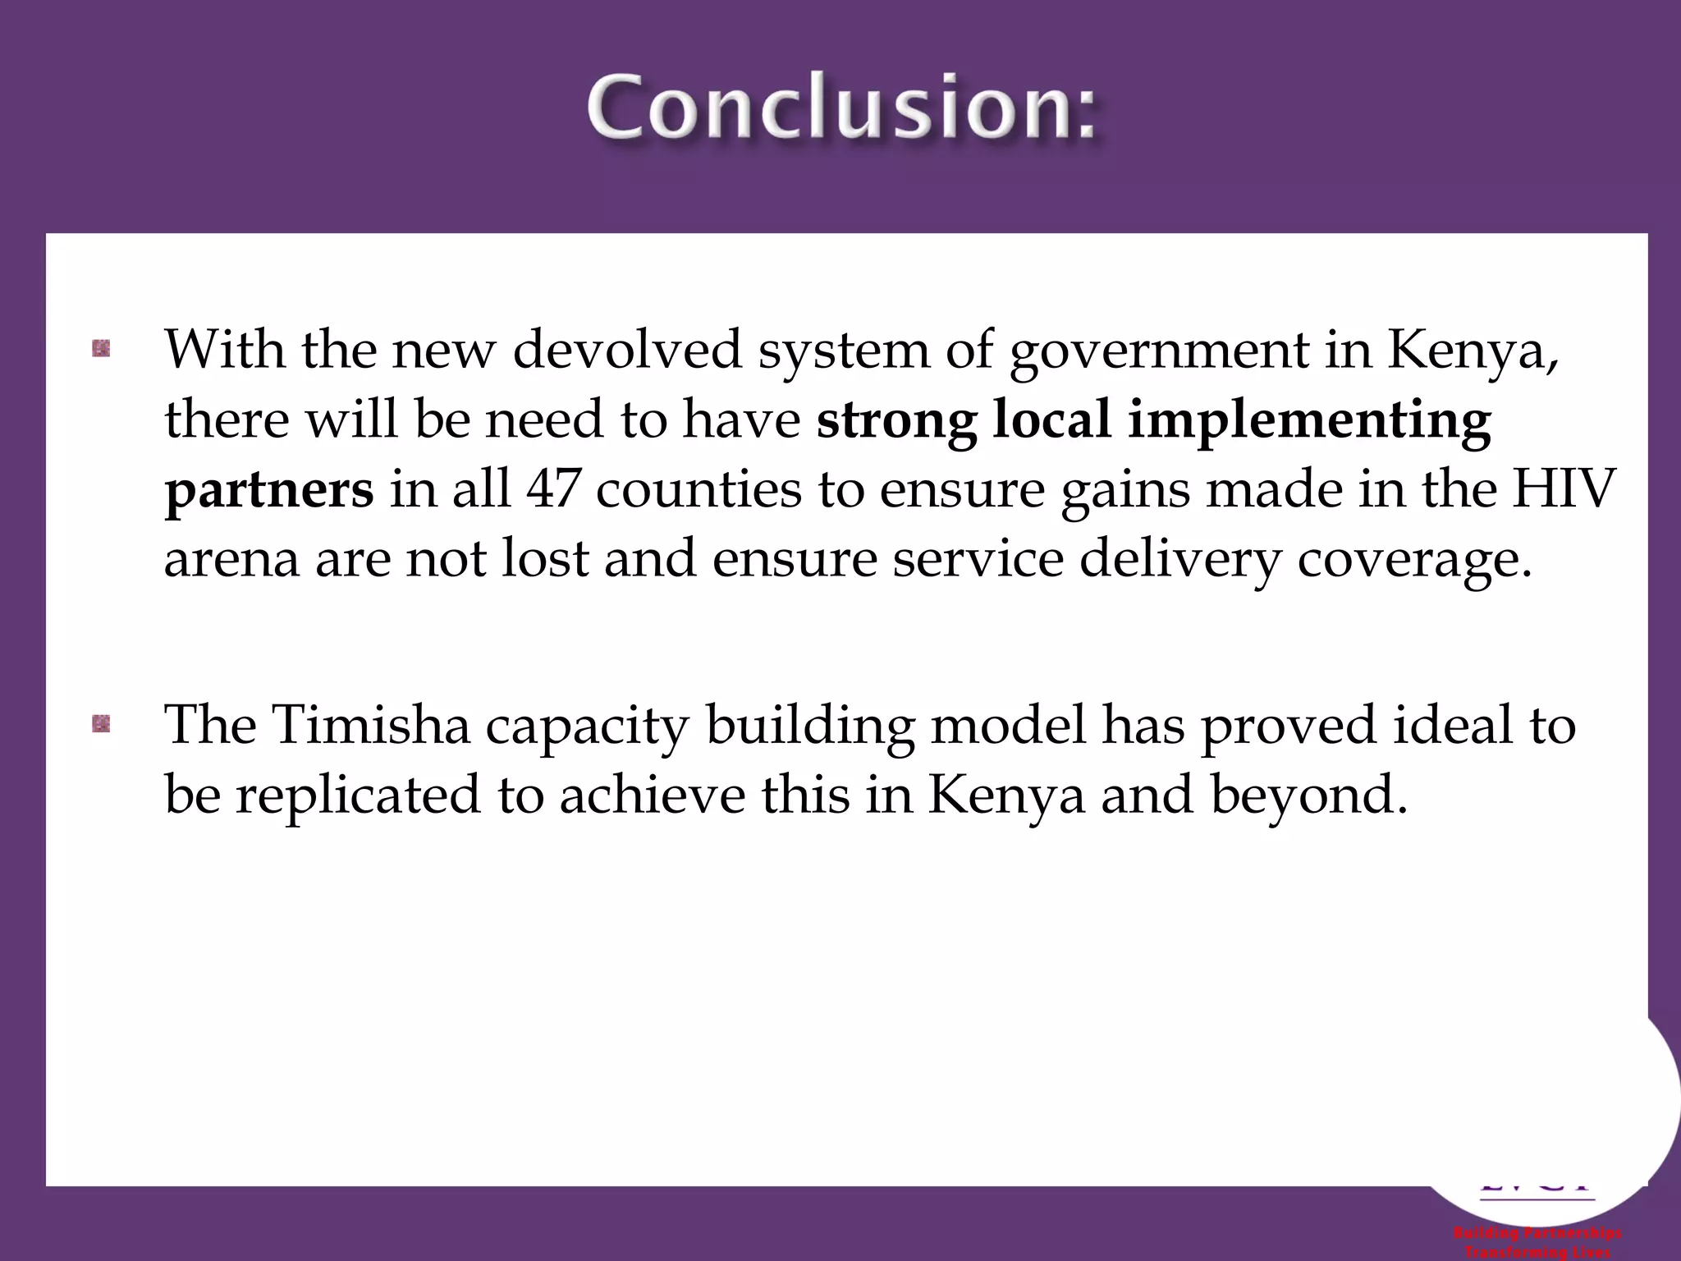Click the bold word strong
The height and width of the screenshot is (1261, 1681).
coord(896,420)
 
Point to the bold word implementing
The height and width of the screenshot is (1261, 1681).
coord(1308,420)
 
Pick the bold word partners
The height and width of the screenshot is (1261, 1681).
coord(269,491)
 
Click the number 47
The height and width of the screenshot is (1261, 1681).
coord(552,490)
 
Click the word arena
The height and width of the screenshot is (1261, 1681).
coord(231,561)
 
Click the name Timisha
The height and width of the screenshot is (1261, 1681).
coord(370,726)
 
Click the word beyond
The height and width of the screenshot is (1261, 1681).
coord(1310,796)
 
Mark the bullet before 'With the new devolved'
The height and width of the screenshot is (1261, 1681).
coord(101,350)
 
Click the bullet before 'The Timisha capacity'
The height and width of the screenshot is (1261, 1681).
coord(101,724)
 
